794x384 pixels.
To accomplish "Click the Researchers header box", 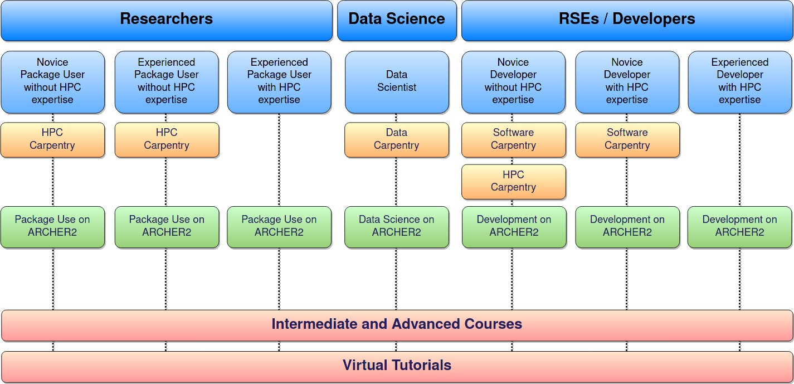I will pyautogui.click(x=167, y=20).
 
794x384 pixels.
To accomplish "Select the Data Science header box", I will pyautogui.click(x=397, y=20).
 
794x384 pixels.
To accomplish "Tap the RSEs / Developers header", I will pyautogui.click(x=627, y=20).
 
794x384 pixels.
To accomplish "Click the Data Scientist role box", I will pyautogui.click(x=397, y=82).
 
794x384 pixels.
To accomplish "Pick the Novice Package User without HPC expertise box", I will pyautogui.click(x=52, y=82).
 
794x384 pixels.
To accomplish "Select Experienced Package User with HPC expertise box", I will pyautogui.click(x=279, y=82).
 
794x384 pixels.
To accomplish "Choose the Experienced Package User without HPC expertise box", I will pyautogui.click(x=167, y=82).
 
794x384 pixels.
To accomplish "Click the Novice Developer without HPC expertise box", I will pyautogui.click(x=513, y=82).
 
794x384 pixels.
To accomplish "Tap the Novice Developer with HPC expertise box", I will pyautogui.click(x=627, y=82).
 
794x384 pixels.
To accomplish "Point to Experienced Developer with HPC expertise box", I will pyautogui.click(x=740, y=82).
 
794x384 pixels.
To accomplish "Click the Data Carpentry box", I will pyautogui.click(x=397, y=139).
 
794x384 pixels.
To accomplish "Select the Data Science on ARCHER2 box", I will pyautogui.click(x=397, y=227).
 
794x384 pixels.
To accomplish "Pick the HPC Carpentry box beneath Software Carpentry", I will pyautogui.click(x=513, y=181).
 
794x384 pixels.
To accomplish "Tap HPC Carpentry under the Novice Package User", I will pyautogui.click(x=52, y=139).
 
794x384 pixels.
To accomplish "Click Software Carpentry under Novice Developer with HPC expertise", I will pyautogui.click(x=627, y=139).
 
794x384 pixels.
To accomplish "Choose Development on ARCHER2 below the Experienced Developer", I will pyautogui.click(x=740, y=227).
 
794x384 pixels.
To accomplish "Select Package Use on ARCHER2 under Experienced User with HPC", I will pyautogui.click(x=279, y=227).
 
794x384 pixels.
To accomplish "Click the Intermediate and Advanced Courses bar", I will pyautogui.click(x=397, y=325).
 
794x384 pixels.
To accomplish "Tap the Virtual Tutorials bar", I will pyautogui.click(x=397, y=366).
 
